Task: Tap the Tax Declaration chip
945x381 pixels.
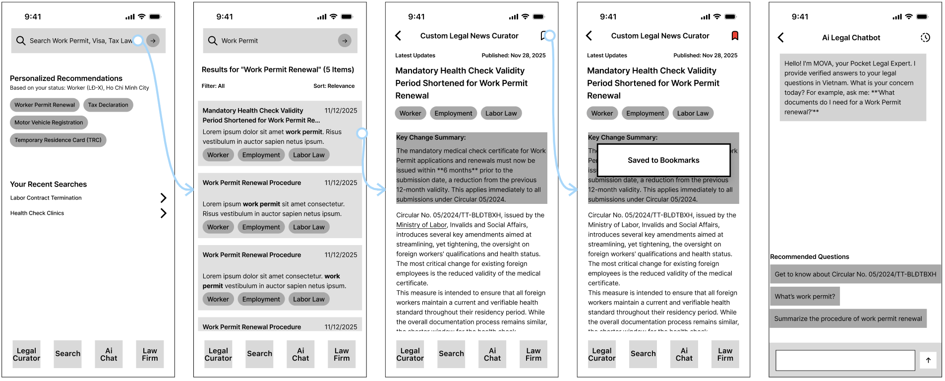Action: click(x=108, y=105)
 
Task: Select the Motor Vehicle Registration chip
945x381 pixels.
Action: click(x=49, y=123)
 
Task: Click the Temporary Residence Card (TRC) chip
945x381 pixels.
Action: click(x=58, y=140)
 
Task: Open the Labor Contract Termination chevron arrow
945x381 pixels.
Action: click(x=163, y=198)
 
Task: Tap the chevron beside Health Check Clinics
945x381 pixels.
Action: click(x=163, y=213)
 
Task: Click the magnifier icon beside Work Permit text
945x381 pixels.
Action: click(x=213, y=41)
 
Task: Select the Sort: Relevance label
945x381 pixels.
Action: click(x=334, y=86)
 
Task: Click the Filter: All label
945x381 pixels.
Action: click(x=213, y=86)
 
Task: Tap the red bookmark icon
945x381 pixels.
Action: click(x=735, y=36)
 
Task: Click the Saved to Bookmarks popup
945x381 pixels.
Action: click(x=663, y=160)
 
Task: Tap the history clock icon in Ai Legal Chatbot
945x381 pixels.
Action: click(x=925, y=38)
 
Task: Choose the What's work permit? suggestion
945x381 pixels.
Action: click(x=805, y=297)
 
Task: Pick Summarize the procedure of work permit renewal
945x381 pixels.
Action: click(x=848, y=318)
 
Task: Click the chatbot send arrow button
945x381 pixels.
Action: click(x=928, y=360)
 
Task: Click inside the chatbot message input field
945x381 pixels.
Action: click(x=845, y=360)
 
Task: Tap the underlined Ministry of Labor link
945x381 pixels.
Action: click(x=421, y=225)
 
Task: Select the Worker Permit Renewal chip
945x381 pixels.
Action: click(x=45, y=105)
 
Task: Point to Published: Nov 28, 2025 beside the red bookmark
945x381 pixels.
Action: click(x=705, y=56)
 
